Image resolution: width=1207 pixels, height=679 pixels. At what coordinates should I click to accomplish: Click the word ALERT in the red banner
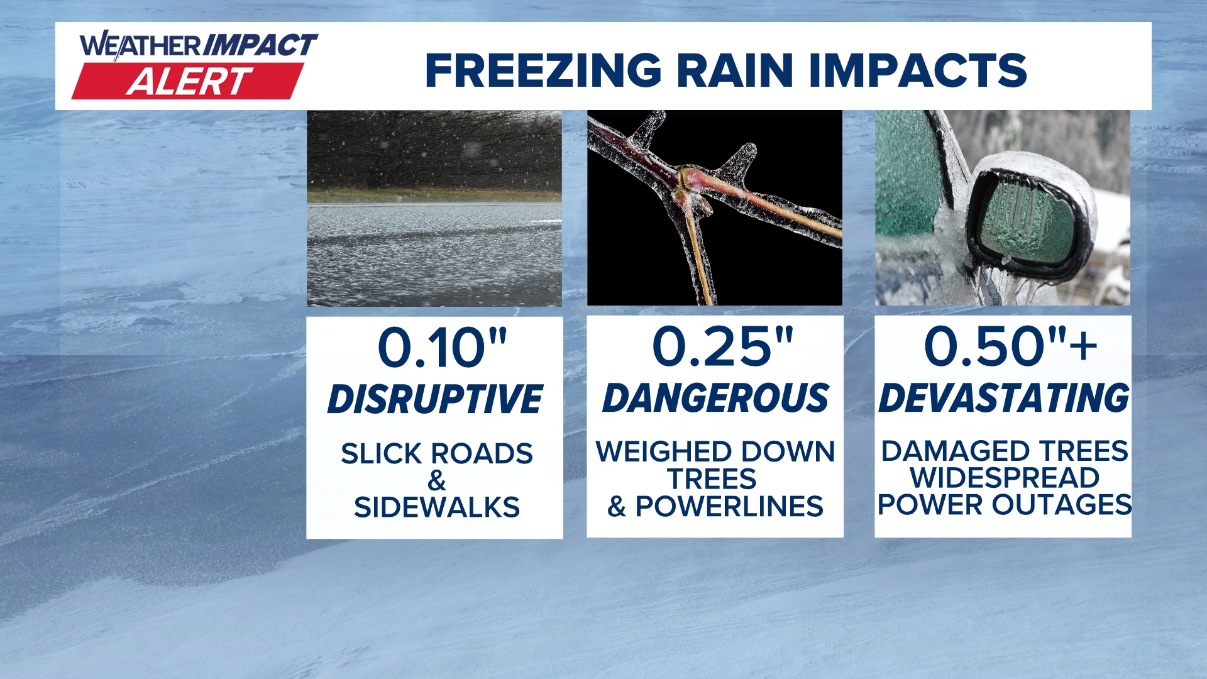[x=189, y=82]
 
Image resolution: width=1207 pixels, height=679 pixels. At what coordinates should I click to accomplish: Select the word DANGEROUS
[x=715, y=398]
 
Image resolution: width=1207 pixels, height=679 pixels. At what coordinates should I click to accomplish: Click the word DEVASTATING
[x=1004, y=398]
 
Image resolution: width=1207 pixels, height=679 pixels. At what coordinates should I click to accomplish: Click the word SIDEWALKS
[x=437, y=507]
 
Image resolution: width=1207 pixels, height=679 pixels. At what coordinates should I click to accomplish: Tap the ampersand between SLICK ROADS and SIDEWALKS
[x=437, y=481]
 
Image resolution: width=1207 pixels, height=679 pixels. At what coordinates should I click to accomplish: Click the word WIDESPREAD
[x=1005, y=478]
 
